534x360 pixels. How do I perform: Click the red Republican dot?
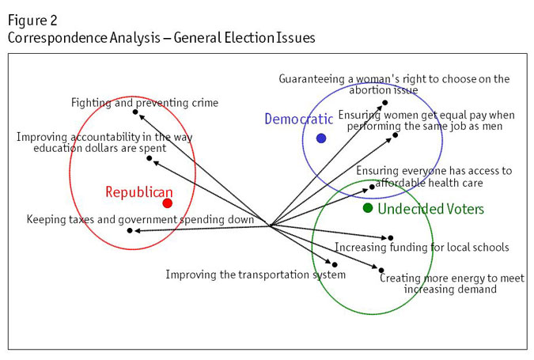click(x=167, y=203)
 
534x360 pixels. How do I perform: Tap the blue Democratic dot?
click(x=321, y=138)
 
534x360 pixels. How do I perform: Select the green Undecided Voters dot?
click(x=368, y=208)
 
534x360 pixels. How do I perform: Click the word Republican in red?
click(x=138, y=192)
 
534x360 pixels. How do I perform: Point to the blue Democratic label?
click(x=298, y=119)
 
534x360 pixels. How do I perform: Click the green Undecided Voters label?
click(x=431, y=209)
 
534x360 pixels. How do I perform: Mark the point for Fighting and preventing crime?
click(x=135, y=112)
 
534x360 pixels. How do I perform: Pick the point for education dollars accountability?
click(x=150, y=158)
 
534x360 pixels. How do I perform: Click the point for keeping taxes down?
click(x=130, y=230)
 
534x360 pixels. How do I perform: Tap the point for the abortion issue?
click(x=385, y=102)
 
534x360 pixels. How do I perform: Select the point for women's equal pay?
click(x=396, y=135)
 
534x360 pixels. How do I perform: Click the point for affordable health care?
click(x=372, y=187)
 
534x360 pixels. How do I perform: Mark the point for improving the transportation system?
click(x=335, y=264)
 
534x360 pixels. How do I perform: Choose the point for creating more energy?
click(x=381, y=270)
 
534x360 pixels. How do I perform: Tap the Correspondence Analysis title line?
click(x=161, y=37)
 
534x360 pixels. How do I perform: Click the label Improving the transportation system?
click(x=256, y=275)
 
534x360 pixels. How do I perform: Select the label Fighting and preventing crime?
click(x=144, y=103)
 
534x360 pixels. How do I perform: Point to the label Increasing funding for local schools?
click(x=422, y=248)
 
